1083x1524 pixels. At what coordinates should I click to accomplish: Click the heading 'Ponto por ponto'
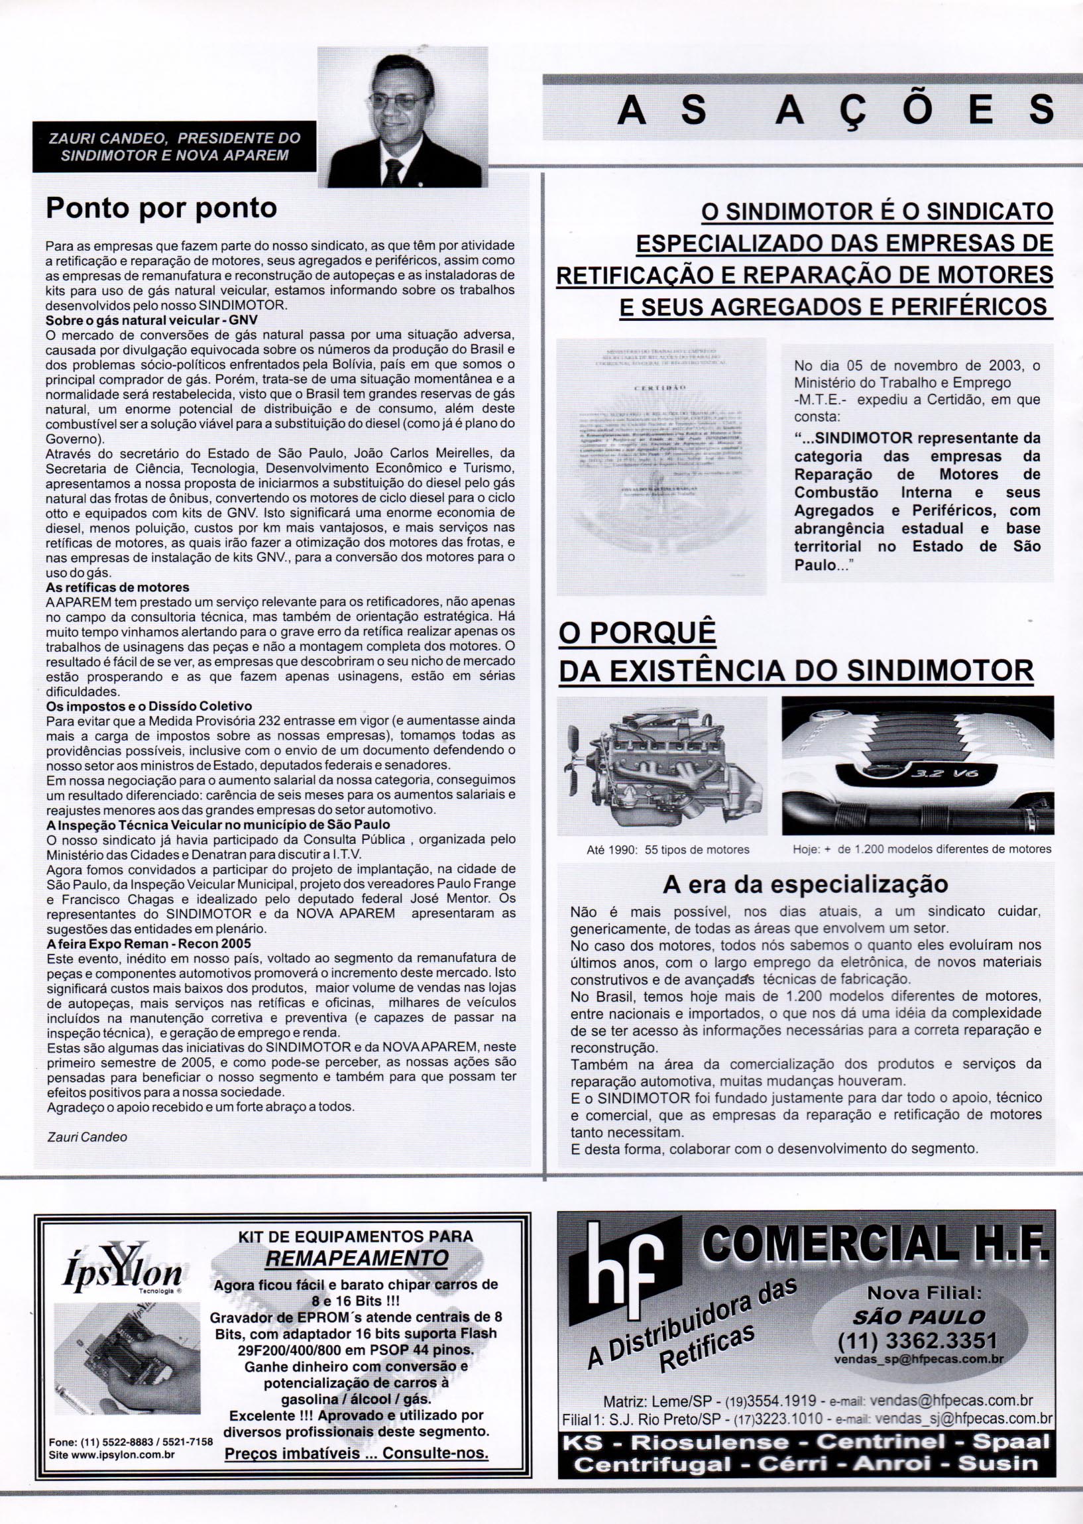point(160,209)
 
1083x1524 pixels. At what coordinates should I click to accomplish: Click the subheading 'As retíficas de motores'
point(117,587)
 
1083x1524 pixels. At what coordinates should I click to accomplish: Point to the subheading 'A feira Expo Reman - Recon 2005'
point(148,944)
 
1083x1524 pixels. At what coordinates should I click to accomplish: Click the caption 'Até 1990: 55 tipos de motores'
point(667,850)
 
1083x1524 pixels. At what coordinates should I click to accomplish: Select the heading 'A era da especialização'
point(805,884)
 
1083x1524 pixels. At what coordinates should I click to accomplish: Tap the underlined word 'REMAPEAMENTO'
point(356,1258)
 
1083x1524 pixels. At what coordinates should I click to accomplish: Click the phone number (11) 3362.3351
point(917,1340)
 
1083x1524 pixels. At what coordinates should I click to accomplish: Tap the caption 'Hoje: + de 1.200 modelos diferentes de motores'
point(922,849)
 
